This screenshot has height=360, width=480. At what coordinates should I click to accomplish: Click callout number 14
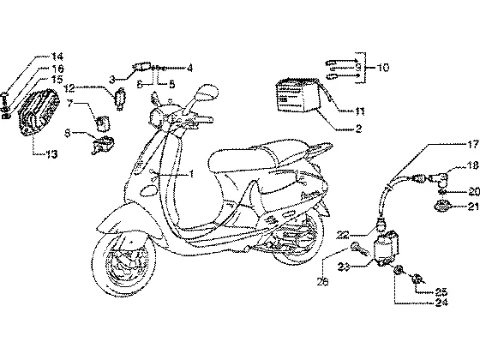[57, 57]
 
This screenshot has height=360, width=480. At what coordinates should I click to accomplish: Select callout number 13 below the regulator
[51, 154]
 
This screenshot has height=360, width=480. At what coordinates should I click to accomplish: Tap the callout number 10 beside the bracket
[382, 68]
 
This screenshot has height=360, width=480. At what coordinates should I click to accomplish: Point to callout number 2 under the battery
[358, 129]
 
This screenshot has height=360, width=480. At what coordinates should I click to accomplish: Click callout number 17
[472, 144]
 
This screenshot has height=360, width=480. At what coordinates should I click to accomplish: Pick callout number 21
[473, 207]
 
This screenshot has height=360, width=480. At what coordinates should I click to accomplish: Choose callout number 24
[441, 303]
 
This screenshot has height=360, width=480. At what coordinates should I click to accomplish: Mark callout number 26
[322, 281]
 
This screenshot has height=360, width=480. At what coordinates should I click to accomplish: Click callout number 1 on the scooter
[191, 174]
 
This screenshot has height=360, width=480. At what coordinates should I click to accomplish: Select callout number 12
[69, 88]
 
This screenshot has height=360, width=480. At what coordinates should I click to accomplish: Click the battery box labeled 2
[298, 95]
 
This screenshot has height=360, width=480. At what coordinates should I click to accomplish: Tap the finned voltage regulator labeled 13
[39, 111]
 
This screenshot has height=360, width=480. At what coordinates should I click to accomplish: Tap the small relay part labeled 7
[102, 122]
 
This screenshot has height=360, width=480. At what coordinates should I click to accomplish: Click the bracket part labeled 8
[103, 144]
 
